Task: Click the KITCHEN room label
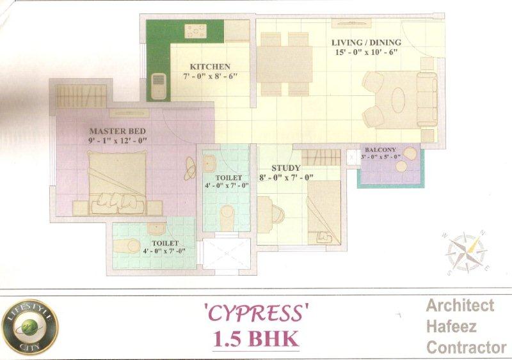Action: tap(210, 67)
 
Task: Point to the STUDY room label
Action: tap(285, 168)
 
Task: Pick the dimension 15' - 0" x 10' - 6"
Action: tap(365, 52)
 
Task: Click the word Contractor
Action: tap(466, 348)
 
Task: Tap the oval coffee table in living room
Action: tap(398, 99)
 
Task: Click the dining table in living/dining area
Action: tap(285, 65)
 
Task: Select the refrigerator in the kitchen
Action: tap(159, 85)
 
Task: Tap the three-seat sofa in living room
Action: tap(427, 99)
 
